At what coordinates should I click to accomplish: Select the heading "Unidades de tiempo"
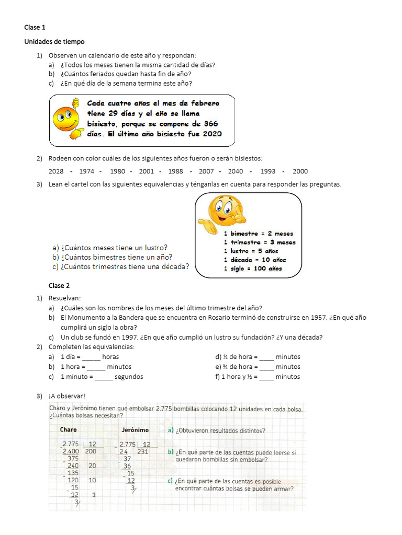point(54,41)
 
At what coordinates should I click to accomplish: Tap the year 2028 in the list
point(56,171)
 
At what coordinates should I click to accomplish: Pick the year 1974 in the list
point(87,171)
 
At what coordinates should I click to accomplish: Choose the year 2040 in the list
point(236,171)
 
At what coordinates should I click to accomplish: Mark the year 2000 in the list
point(300,171)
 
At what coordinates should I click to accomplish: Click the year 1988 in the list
point(175,171)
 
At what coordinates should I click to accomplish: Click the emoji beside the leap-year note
point(67,119)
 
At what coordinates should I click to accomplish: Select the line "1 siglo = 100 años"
point(253,269)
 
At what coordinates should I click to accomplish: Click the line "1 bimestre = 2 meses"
point(259,234)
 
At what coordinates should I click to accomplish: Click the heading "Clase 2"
point(59,286)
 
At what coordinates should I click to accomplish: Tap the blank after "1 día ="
point(91,357)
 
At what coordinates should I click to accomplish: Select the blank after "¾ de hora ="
point(266,367)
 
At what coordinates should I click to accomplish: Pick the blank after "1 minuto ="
point(104,377)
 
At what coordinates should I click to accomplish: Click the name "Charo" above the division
point(68,430)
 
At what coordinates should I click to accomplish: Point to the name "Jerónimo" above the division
point(135,430)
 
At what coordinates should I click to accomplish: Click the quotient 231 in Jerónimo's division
point(142,451)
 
